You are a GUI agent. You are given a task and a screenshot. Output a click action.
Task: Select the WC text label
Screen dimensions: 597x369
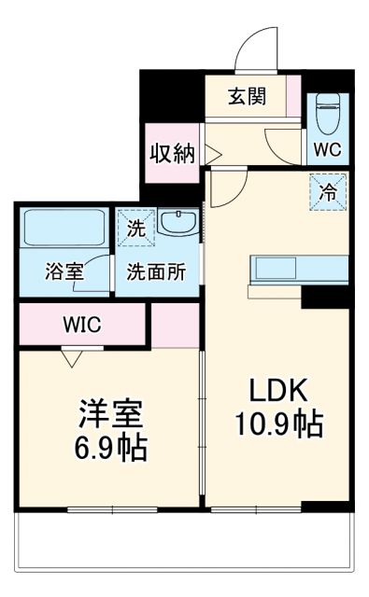(327, 149)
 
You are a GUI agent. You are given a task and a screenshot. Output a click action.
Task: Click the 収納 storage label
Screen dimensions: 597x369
(173, 152)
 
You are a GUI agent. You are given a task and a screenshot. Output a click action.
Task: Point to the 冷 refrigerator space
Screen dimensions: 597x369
(328, 194)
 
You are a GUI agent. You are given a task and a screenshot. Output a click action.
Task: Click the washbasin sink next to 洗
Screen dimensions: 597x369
(177, 224)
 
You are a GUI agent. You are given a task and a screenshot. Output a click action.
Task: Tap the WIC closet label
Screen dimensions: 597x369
(81, 325)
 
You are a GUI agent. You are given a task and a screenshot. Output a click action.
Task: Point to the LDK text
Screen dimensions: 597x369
(277, 390)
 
